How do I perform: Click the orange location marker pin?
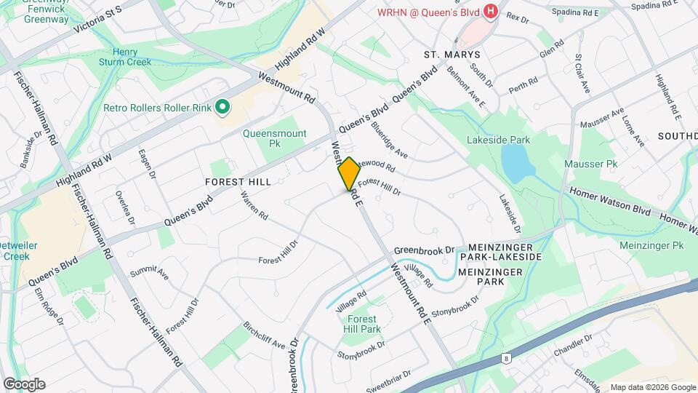point(349,174)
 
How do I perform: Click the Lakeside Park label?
point(499,140)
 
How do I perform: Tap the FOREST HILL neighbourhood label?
point(238,182)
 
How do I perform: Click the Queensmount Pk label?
point(274,139)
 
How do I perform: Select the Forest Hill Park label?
point(362,325)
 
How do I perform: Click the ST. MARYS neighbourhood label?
point(452,55)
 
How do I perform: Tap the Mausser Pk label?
point(590,164)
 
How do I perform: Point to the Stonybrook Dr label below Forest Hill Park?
point(361,349)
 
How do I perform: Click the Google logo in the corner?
point(24,384)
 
